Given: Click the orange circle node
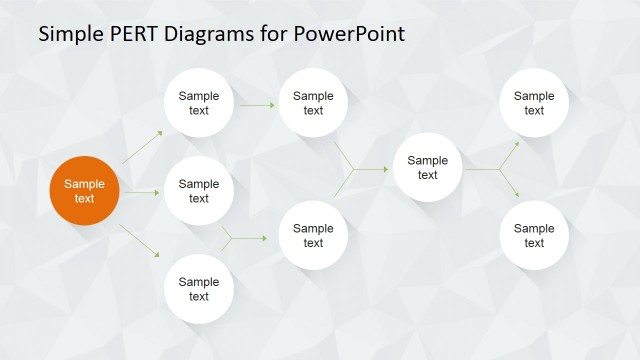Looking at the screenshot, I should click(x=85, y=191).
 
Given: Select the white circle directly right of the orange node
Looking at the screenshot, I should click(x=199, y=191).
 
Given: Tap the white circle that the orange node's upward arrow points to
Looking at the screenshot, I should click(x=199, y=103).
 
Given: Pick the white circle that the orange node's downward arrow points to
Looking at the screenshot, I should click(x=199, y=289).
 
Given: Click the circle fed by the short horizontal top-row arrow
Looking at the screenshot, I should click(x=313, y=103).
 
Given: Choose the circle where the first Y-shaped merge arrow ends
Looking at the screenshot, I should click(x=313, y=235).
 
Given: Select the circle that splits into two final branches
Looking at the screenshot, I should click(x=427, y=168).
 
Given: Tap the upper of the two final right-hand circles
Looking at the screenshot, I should click(x=534, y=103).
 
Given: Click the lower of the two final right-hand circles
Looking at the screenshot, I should click(x=534, y=235).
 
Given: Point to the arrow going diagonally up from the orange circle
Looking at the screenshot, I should click(x=142, y=147).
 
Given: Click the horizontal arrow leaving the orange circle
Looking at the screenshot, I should click(x=142, y=191).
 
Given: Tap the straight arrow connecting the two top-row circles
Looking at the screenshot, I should click(x=257, y=104).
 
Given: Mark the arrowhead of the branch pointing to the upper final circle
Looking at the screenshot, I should click(x=516, y=144).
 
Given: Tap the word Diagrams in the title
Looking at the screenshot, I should click(x=212, y=34).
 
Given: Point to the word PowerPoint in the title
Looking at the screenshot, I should click(x=350, y=34).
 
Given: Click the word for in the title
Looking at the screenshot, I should click(x=274, y=34).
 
